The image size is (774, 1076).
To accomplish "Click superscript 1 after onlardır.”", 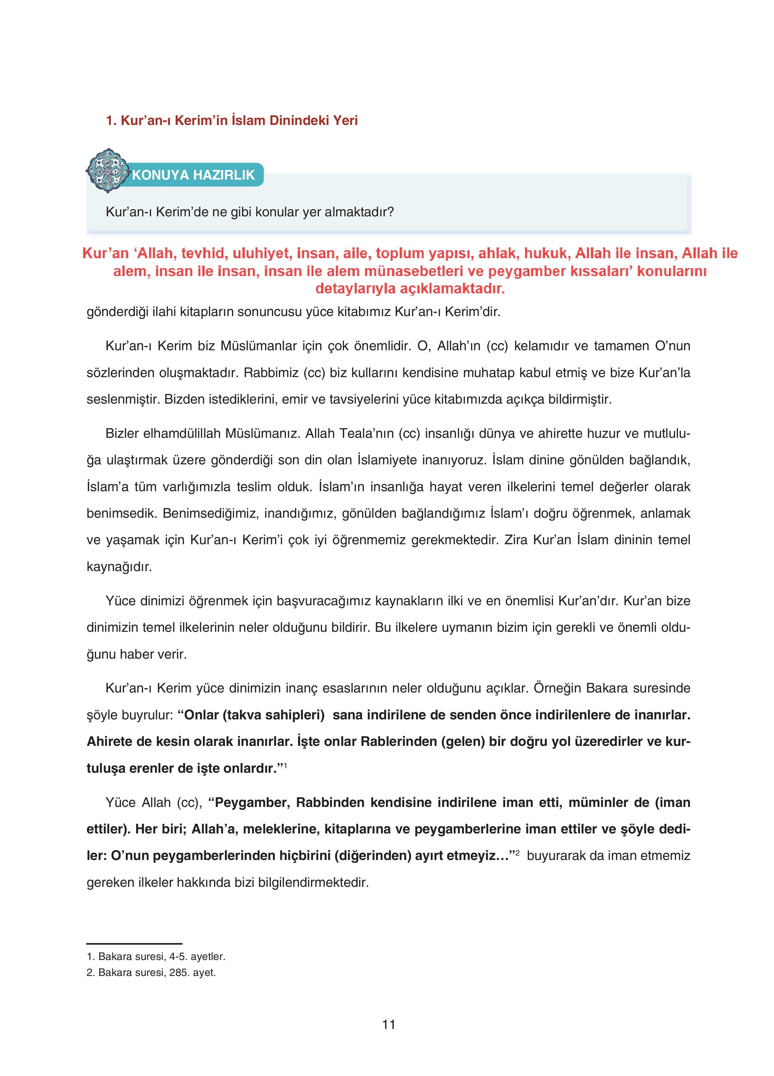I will click(x=285, y=764).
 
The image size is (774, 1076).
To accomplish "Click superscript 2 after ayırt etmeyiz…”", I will click(x=518, y=853).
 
